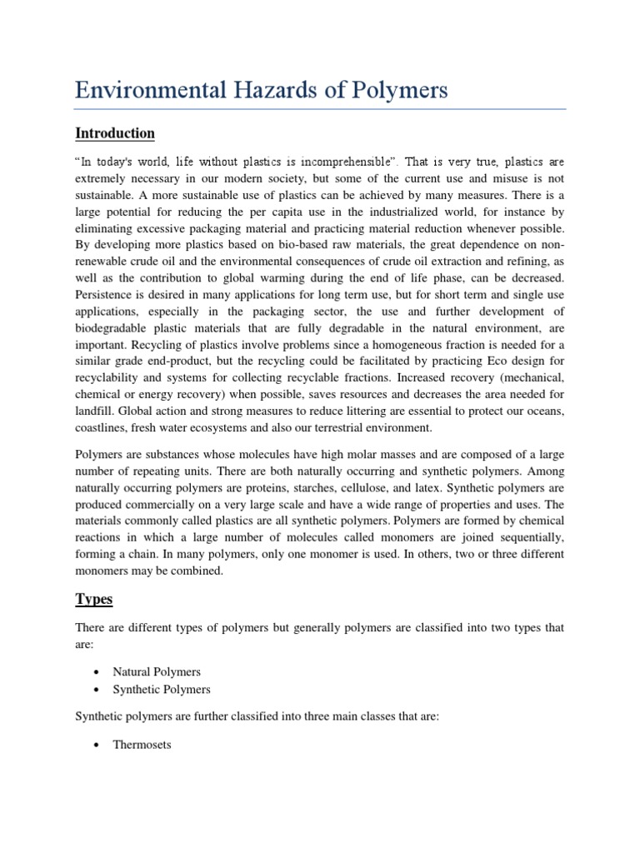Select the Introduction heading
[x=115, y=133]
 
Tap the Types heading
[x=93, y=599]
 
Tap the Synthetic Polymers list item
[x=162, y=690]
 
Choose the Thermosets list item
[x=142, y=745]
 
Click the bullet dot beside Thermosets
[x=97, y=746]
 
